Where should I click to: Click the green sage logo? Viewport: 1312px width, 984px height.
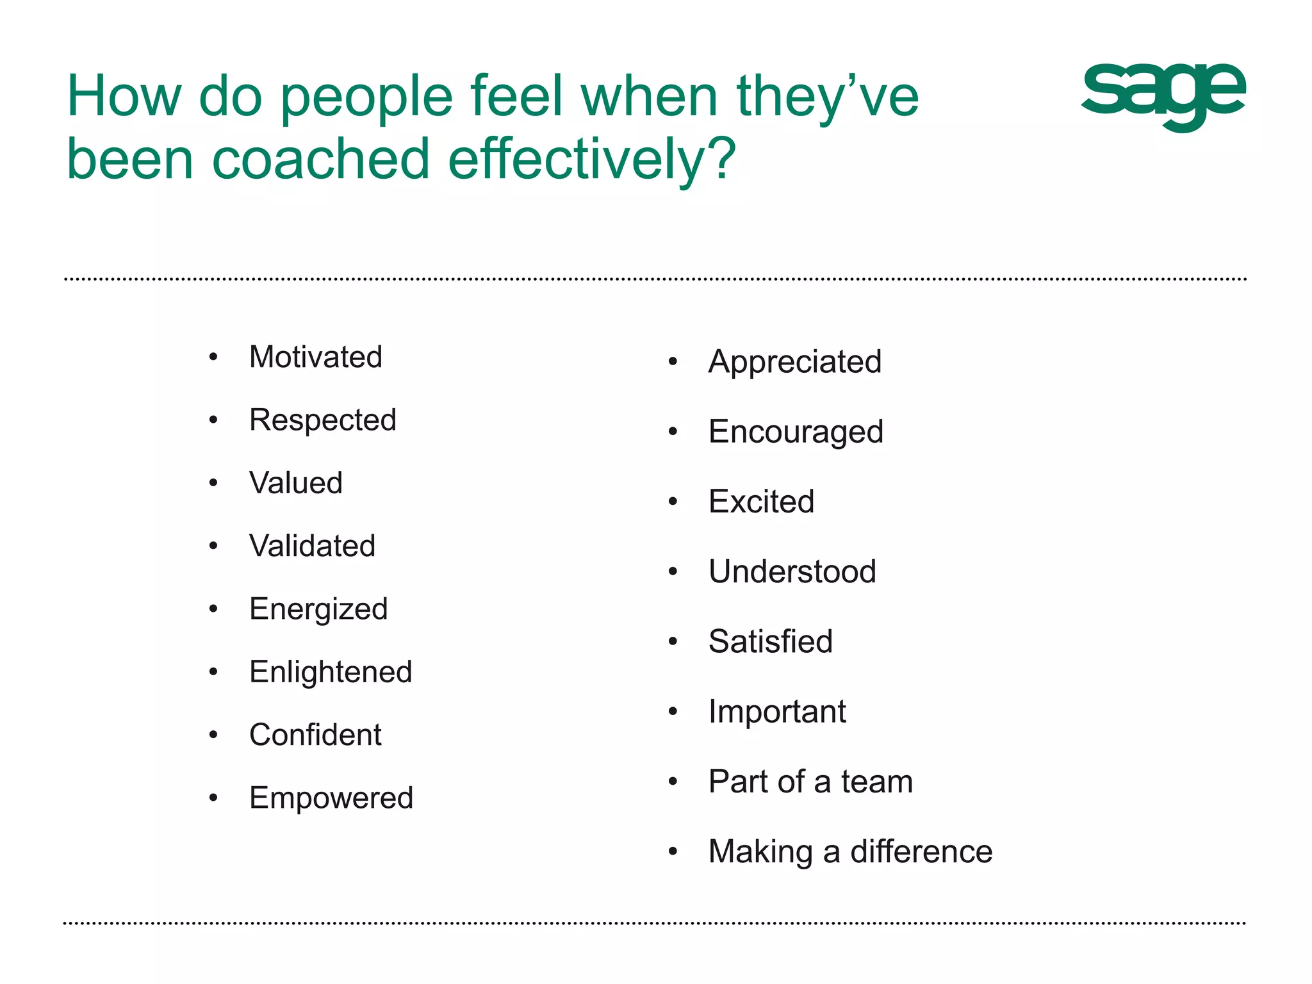(1163, 96)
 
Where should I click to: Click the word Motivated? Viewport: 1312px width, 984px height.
(315, 357)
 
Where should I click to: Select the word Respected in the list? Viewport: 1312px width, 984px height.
(323, 420)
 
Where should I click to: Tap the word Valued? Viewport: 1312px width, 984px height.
(296, 483)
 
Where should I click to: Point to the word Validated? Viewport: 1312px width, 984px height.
(312, 546)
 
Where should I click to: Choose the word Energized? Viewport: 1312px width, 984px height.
(318, 609)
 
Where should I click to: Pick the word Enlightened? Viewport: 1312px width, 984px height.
(331, 672)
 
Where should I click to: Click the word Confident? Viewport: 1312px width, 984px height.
(315, 735)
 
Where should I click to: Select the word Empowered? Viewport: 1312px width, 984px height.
(331, 798)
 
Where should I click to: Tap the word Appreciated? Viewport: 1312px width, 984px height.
(795, 362)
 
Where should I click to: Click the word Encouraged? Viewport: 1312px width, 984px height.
(796, 432)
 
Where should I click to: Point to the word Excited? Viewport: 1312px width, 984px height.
(761, 502)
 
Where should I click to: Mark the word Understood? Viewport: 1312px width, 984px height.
(792, 571)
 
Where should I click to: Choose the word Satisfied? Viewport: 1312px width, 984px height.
(771, 641)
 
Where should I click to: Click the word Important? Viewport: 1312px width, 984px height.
(777, 712)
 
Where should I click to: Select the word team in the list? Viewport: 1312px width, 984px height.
(877, 782)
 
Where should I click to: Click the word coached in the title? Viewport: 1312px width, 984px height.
(320, 159)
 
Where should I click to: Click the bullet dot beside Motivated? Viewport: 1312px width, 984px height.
(213, 357)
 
